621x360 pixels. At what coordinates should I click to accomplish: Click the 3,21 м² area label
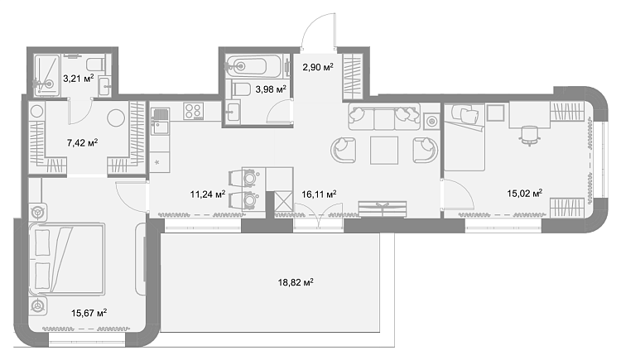point(79,78)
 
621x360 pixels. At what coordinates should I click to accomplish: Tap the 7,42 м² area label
point(82,142)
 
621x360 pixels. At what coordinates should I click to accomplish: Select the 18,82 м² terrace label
point(296,282)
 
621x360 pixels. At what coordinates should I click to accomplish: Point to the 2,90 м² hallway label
point(318,67)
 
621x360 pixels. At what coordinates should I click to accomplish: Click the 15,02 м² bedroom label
point(524,194)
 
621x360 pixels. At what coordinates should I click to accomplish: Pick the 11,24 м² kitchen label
point(208,194)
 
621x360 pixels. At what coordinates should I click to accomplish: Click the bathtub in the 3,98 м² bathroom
point(253,65)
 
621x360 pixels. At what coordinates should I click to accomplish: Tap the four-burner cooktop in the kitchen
point(194,111)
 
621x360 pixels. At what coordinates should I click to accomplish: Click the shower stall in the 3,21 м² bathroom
point(46,75)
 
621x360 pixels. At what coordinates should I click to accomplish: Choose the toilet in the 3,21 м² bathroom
point(95,64)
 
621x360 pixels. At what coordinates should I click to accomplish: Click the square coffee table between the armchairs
point(383,150)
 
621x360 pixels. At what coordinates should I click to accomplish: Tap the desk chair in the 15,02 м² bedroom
point(530,136)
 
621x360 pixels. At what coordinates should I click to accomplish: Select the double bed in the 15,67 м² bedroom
point(66,258)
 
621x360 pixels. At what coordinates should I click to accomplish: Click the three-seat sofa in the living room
point(383,117)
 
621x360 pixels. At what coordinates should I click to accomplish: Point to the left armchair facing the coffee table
point(344,150)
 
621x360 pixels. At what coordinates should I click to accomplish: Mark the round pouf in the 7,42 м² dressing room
point(116,118)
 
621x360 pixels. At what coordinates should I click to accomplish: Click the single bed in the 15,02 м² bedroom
point(465,137)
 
